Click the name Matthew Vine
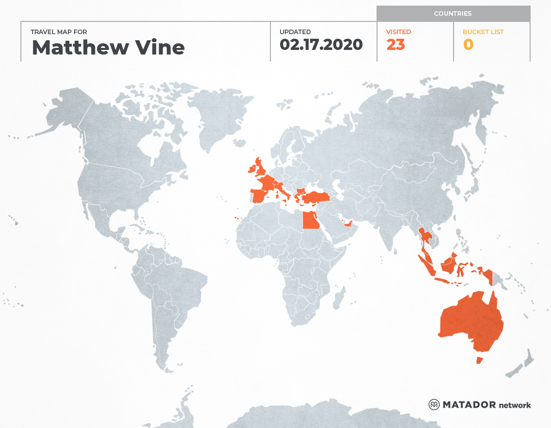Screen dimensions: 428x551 pos(108,47)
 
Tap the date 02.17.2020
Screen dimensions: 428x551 pos(321,45)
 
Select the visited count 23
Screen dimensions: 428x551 pos(395,45)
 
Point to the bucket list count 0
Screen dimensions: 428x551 pos(468,45)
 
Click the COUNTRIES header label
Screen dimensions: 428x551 pos(453,14)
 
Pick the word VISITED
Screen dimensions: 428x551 pos(398,32)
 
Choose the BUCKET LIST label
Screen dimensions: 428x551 pos(483,32)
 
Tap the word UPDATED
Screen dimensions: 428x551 pos(295,32)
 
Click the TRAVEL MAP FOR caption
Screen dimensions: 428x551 pos(59,32)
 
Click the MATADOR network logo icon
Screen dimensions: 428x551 pos(434,405)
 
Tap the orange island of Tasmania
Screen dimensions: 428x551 pos(479,360)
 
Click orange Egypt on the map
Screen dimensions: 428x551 pos(311,221)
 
